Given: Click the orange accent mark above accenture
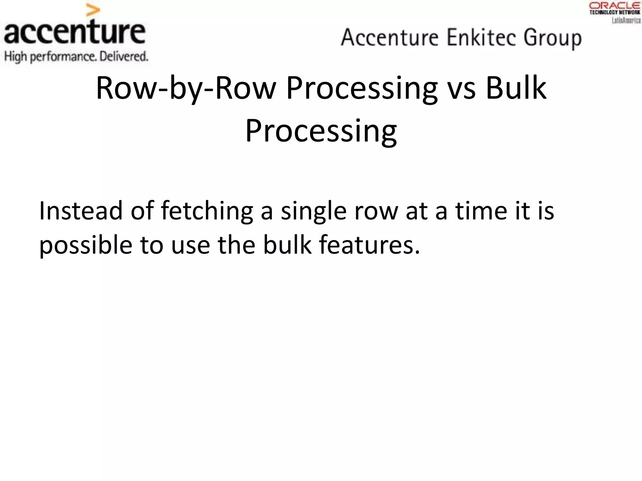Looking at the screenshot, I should tap(93, 11).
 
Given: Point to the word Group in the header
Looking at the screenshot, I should tap(552, 38).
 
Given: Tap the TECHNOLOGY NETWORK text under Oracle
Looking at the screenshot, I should tap(615, 13).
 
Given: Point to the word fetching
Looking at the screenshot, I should tap(207, 211).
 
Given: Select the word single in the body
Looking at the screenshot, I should tap(313, 211).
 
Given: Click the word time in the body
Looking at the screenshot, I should tap(481, 210).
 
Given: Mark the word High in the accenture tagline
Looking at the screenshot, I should tap(15, 57).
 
